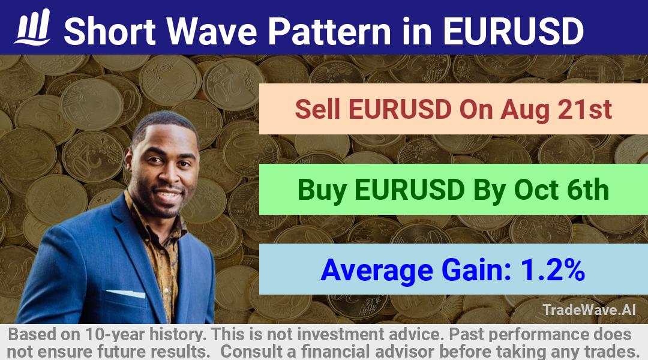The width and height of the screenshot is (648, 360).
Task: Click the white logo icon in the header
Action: pyautogui.click(x=32, y=27)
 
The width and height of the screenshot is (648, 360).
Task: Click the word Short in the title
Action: pyautogui.click(x=110, y=31)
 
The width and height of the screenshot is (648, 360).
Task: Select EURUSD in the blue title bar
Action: pyautogui.click(x=513, y=31)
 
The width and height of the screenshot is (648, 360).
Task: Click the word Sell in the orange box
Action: pyautogui.click(x=318, y=109)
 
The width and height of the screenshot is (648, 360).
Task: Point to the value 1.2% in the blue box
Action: pyautogui.click(x=553, y=270)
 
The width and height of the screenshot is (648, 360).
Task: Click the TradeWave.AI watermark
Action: pyautogui.click(x=589, y=310)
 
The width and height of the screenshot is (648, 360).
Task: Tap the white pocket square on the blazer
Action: pyautogui.click(x=127, y=293)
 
